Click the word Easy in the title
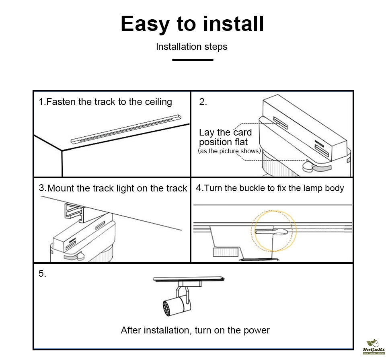pos(145,24)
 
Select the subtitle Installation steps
pos(192,47)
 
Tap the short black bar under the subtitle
pos(193,60)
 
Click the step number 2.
pos(203,102)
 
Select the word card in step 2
pos(242,132)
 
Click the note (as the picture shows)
pos(230,151)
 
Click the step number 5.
pos(42,274)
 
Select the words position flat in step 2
pos(224,142)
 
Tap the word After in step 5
pos(131,330)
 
